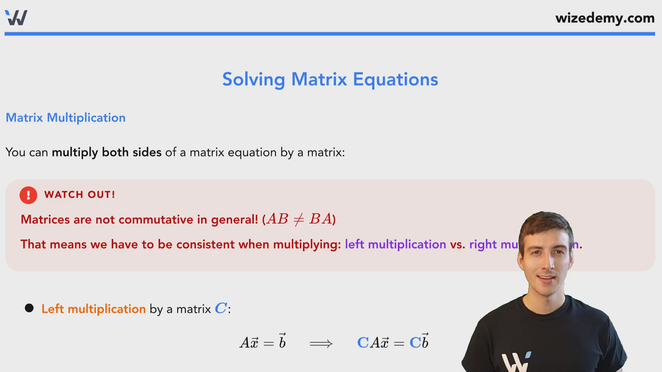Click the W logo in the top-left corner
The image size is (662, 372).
(16, 18)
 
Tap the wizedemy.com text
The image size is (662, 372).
(605, 18)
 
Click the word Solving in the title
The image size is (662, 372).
(253, 80)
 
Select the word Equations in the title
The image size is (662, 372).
(395, 80)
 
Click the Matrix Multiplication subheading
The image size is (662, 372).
(66, 118)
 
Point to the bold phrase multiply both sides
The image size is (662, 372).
(107, 152)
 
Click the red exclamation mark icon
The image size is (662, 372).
(28, 195)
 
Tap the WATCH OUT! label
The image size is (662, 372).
(80, 195)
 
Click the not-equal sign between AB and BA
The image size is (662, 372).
(299, 219)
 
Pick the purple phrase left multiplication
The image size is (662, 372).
(395, 244)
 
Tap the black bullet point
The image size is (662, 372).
(29, 308)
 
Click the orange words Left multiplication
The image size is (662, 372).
(93, 309)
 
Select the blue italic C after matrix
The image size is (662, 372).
(221, 308)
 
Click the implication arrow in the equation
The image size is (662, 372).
(321, 343)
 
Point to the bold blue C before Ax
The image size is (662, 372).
(363, 343)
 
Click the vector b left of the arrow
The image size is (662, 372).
(282, 341)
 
